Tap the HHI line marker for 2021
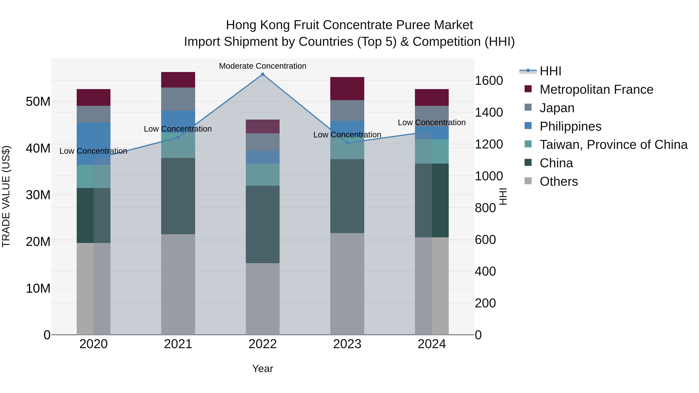pyautogui.click(x=178, y=138)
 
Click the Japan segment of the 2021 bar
pyautogui.click(x=178, y=99)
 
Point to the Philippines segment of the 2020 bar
pyautogui.click(x=93, y=143)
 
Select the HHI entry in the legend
pyautogui.click(x=550, y=71)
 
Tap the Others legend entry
pyautogui.click(x=558, y=181)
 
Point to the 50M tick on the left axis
pyautogui.click(x=38, y=102)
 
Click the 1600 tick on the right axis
pyautogui.click(x=489, y=81)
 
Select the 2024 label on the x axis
pyautogui.click(x=431, y=344)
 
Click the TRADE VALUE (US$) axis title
pyautogui.click(x=6, y=196)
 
